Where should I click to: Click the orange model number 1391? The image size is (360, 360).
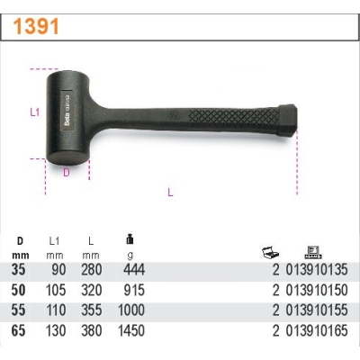pyautogui.click(x=36, y=27)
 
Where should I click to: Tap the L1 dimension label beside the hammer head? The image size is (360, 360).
pyautogui.click(x=35, y=112)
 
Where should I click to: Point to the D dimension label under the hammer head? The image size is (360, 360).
pyautogui.click(x=67, y=173)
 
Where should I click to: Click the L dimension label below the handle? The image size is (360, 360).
pyautogui.click(x=170, y=192)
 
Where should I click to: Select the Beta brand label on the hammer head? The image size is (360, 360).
pyautogui.click(x=67, y=112)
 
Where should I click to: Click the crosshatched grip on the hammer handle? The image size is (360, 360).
pyautogui.click(x=234, y=117)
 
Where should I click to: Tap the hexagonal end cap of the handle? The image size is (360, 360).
pyautogui.click(x=287, y=121)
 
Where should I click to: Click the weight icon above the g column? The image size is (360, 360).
pyautogui.click(x=130, y=239)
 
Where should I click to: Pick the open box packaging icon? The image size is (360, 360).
pyautogui.click(x=271, y=253)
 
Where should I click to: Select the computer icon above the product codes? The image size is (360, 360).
pyautogui.click(x=313, y=252)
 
